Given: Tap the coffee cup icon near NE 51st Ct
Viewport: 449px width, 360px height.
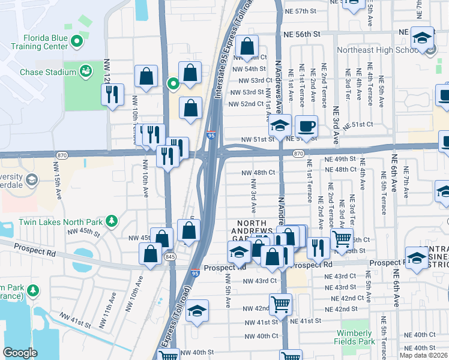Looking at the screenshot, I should click(306, 127).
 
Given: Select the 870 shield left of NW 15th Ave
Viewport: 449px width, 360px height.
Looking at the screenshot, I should click(61, 154).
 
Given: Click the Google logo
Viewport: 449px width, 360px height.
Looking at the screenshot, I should click(20, 353).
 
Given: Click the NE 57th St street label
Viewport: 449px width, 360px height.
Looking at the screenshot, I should click(310, 11).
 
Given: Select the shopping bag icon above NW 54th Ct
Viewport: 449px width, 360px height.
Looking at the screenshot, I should click(247, 46).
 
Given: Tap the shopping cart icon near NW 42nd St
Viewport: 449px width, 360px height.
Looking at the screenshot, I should click(280, 304).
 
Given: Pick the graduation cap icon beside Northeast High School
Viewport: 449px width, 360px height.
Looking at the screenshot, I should click(422, 37).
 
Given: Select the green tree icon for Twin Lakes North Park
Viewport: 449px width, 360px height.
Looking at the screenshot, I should click(111, 221).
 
